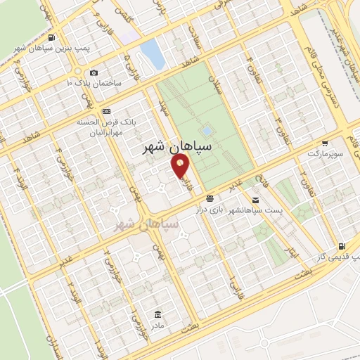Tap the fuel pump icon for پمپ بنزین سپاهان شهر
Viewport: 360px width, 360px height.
tap(53, 37)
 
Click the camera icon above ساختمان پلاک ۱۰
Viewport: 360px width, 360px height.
tap(94, 72)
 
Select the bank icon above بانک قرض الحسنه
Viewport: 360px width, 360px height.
tap(106, 111)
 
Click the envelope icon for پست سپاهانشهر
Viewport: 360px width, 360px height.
tap(211, 199)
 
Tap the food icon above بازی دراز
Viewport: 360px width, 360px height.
tap(211, 199)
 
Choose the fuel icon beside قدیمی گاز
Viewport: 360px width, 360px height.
tap(342, 247)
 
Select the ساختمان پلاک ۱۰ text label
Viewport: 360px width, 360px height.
tap(94, 84)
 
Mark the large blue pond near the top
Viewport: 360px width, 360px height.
tap(149, 51)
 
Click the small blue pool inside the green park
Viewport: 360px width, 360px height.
tap(206, 131)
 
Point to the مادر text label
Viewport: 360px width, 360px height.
tap(156, 326)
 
